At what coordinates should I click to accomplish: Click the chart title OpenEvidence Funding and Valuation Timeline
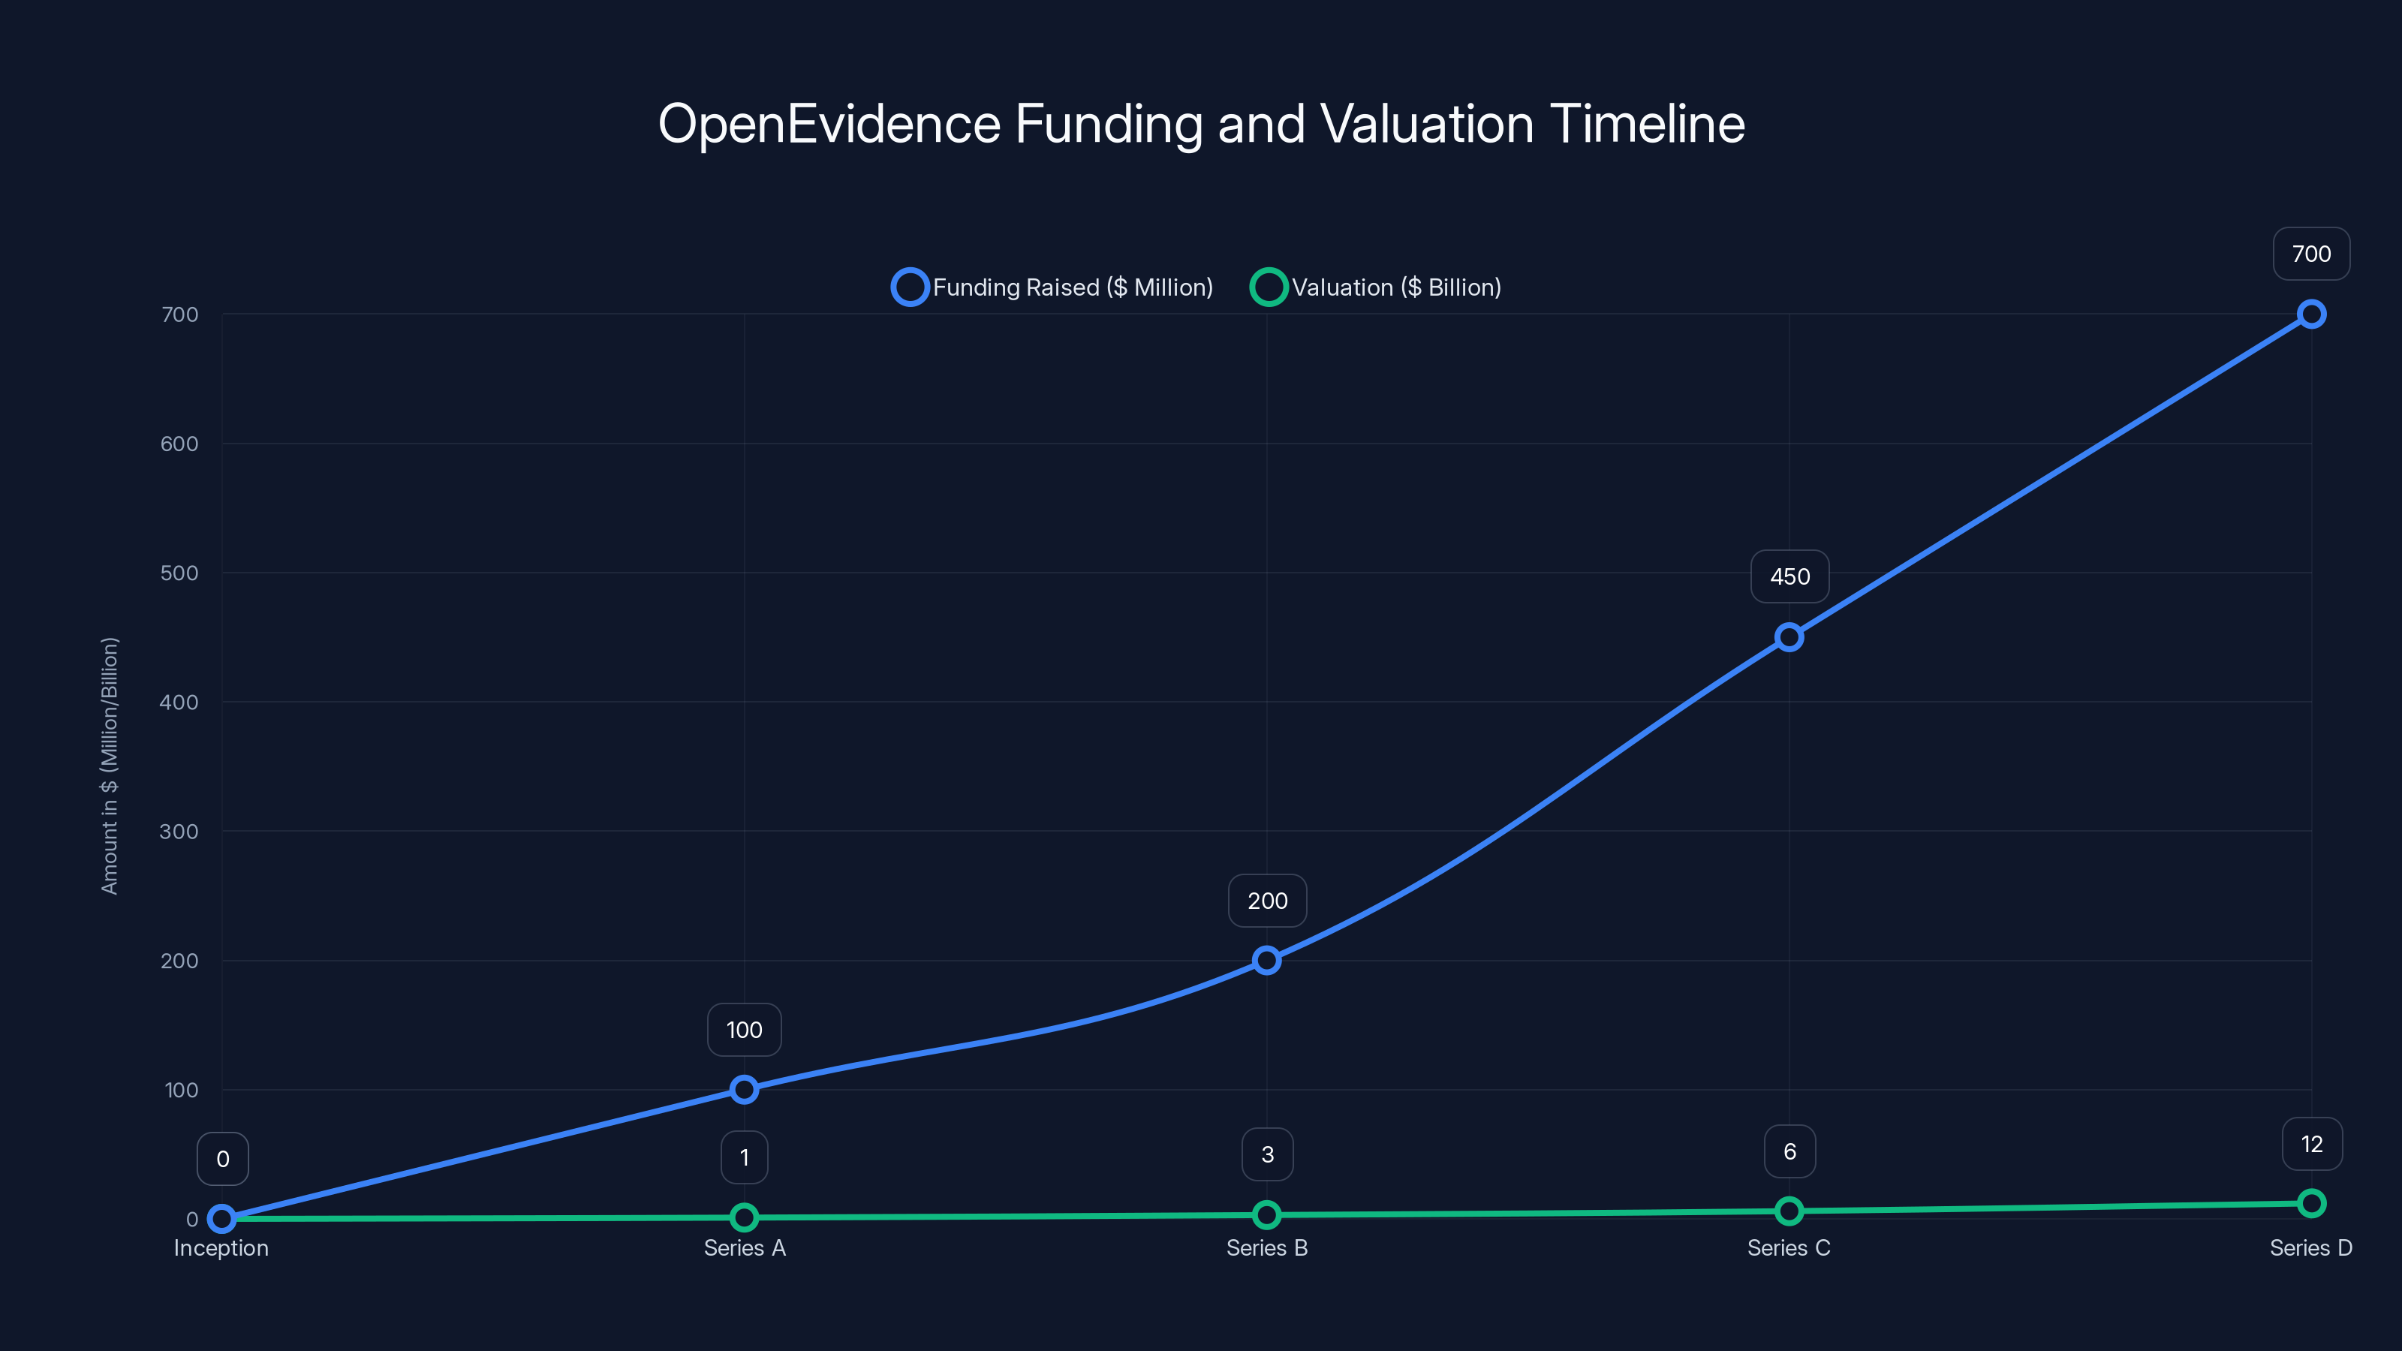tap(1201, 124)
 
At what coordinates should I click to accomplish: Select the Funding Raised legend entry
tap(1054, 287)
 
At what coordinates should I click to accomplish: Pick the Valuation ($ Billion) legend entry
tap(1377, 287)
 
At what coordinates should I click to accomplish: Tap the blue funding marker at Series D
tap(2310, 314)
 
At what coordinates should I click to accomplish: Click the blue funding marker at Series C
tap(1789, 638)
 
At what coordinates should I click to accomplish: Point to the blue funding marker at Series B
tap(1266, 961)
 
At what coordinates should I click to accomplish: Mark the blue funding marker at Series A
tap(744, 1089)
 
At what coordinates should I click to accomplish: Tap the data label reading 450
tap(1789, 576)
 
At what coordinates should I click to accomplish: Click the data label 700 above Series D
tap(2310, 254)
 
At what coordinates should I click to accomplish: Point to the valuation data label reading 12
tap(2310, 1144)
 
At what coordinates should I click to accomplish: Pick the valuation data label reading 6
tap(1789, 1151)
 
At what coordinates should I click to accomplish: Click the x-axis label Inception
tap(221, 1247)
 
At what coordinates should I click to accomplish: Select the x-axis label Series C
tap(1789, 1247)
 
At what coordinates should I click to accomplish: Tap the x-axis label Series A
tap(744, 1247)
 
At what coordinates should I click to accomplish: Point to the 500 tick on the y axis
tap(179, 573)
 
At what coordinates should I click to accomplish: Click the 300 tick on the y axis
tap(179, 831)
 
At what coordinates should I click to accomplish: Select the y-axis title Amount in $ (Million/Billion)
tap(110, 766)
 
